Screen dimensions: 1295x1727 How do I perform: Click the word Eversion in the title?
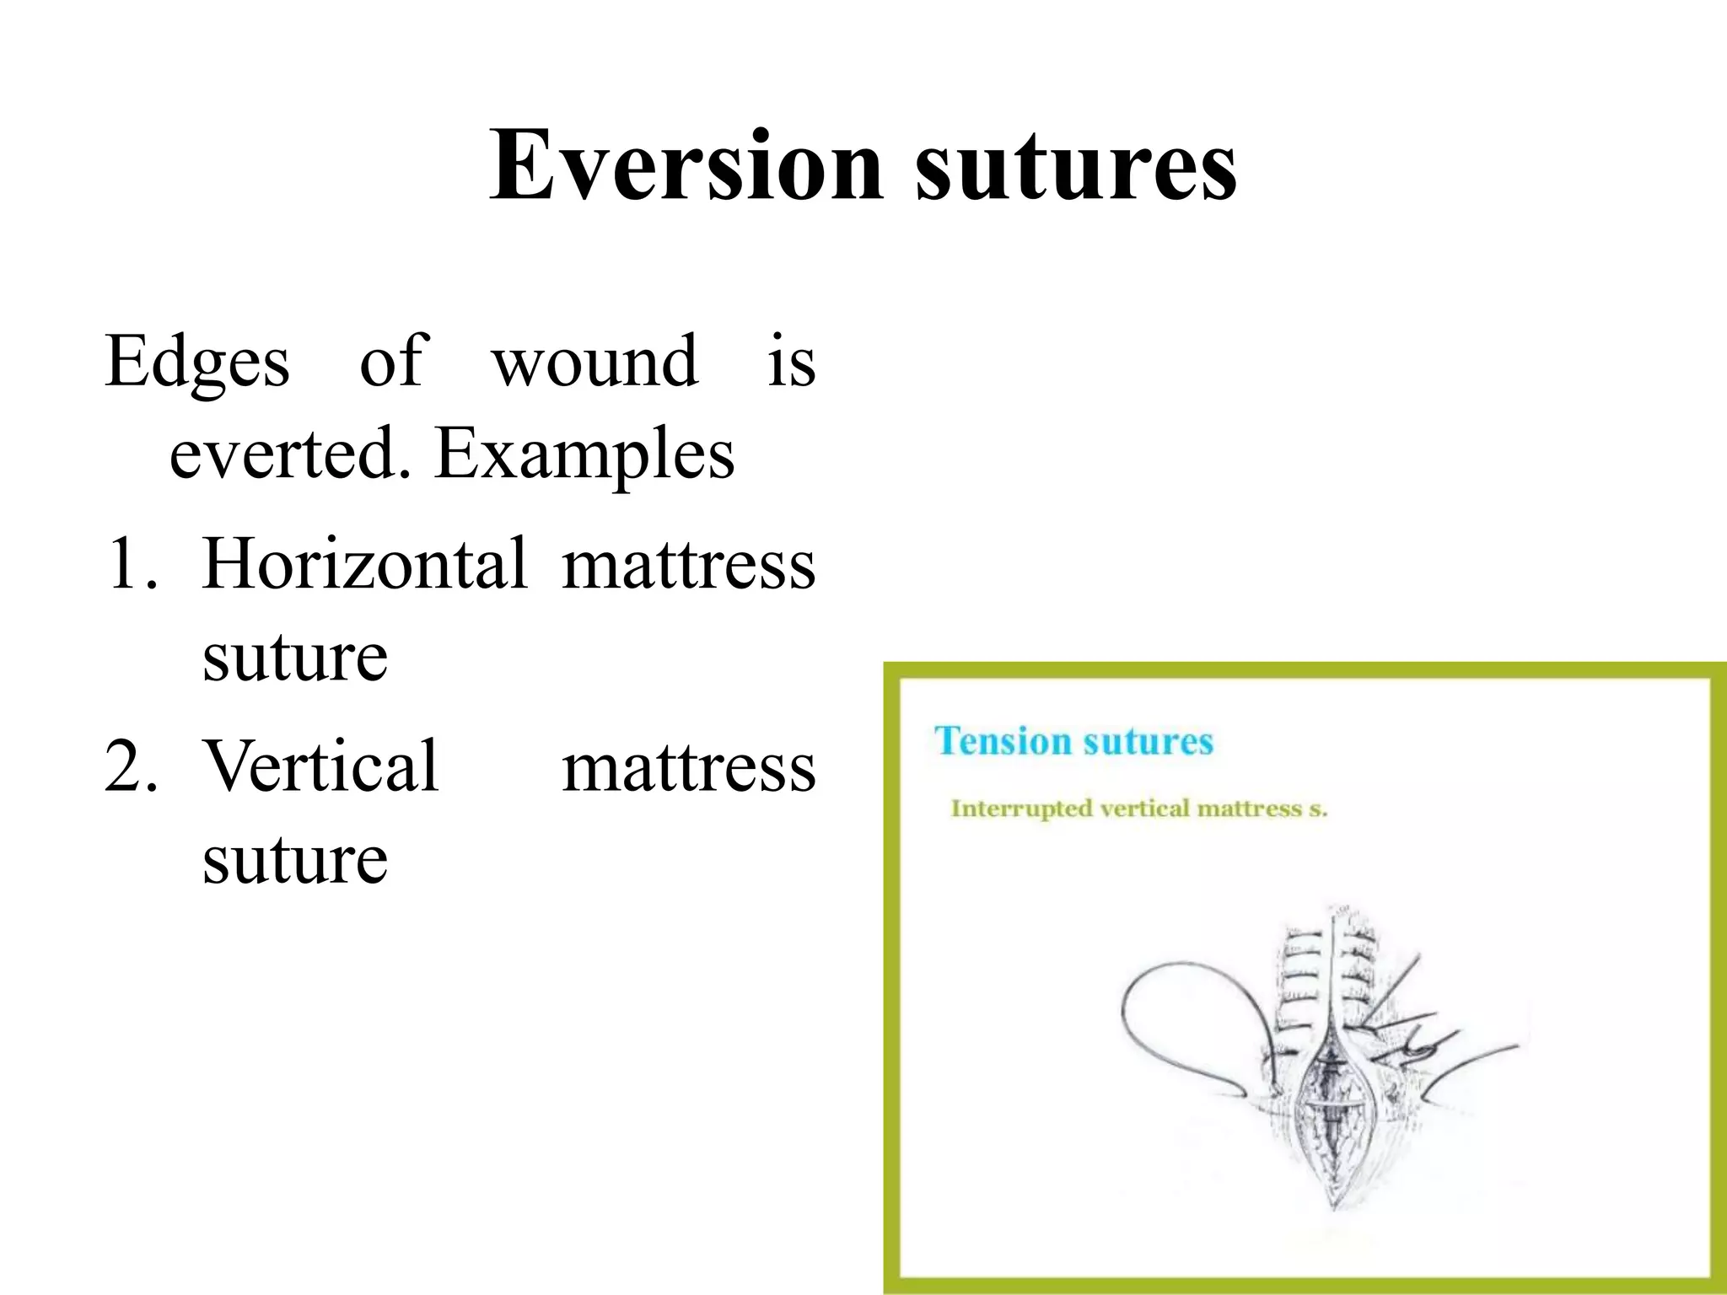point(686,165)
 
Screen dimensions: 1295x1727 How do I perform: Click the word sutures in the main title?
point(1075,167)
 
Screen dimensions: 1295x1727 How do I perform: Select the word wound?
point(594,363)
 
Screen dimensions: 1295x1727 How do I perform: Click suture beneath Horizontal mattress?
point(295,658)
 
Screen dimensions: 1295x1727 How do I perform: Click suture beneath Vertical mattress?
point(295,860)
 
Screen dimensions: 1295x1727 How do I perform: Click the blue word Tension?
point(1002,742)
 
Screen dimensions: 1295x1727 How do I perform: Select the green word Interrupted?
point(1020,809)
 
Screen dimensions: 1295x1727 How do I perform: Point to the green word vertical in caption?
point(1145,809)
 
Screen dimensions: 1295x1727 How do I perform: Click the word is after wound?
point(791,363)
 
